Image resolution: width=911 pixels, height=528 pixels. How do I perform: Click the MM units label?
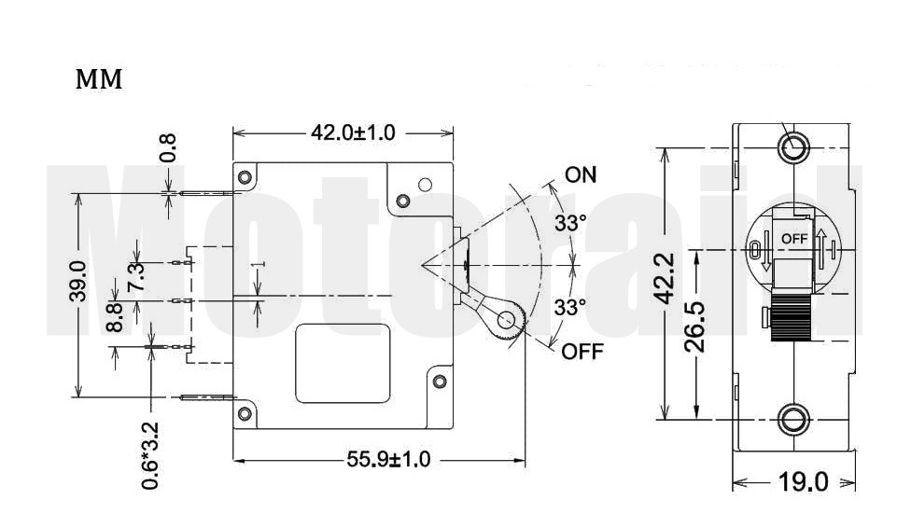[99, 81]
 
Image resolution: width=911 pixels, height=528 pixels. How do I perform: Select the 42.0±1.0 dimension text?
[353, 132]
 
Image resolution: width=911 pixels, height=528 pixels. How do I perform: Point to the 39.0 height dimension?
[77, 281]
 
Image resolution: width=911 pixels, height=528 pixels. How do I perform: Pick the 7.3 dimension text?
[136, 277]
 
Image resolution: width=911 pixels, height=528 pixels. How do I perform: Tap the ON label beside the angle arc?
[581, 175]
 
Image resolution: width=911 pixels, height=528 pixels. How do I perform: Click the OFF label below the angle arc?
[582, 352]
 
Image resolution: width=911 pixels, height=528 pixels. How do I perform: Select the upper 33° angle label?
[570, 223]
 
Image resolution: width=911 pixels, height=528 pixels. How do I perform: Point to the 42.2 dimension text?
[663, 278]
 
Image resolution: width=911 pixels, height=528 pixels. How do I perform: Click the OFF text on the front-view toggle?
[794, 238]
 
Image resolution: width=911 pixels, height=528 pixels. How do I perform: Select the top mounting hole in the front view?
[794, 147]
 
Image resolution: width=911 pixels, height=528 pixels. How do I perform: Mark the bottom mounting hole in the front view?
[794, 419]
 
